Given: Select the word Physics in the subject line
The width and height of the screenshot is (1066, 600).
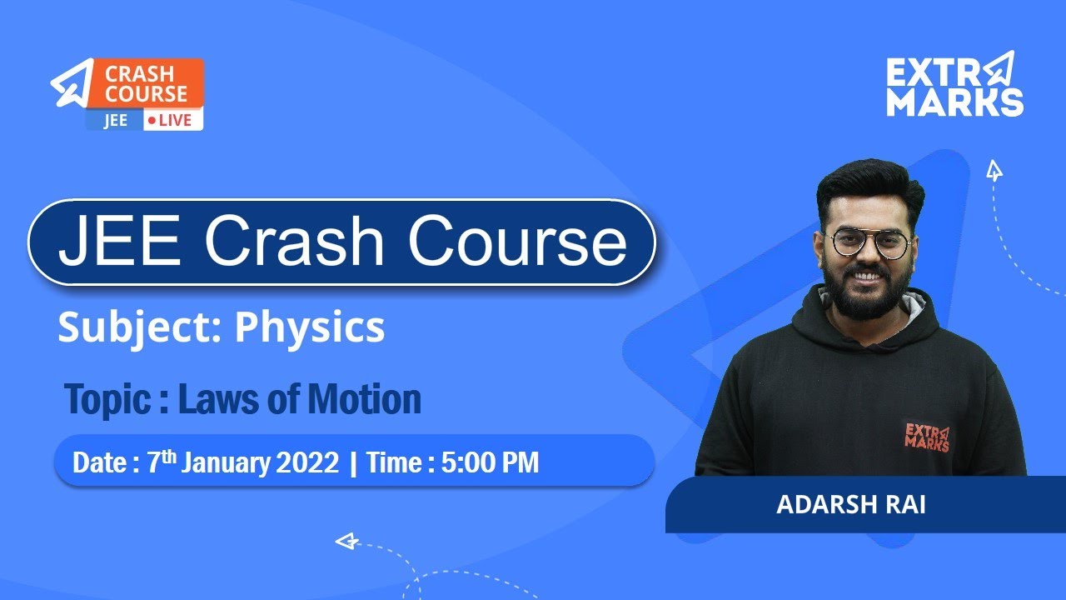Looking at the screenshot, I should (x=310, y=327).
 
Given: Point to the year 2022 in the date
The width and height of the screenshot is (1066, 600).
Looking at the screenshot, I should (x=308, y=462).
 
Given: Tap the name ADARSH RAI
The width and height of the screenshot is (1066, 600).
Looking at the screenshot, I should (x=850, y=506).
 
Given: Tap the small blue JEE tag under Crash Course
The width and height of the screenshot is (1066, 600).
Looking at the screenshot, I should (x=115, y=120).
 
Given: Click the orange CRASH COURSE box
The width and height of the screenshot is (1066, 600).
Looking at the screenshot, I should (x=146, y=82).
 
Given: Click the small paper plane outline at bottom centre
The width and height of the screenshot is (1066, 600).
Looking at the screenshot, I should (x=346, y=542).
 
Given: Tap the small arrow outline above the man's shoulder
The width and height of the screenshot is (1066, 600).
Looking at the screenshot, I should (x=994, y=171).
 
